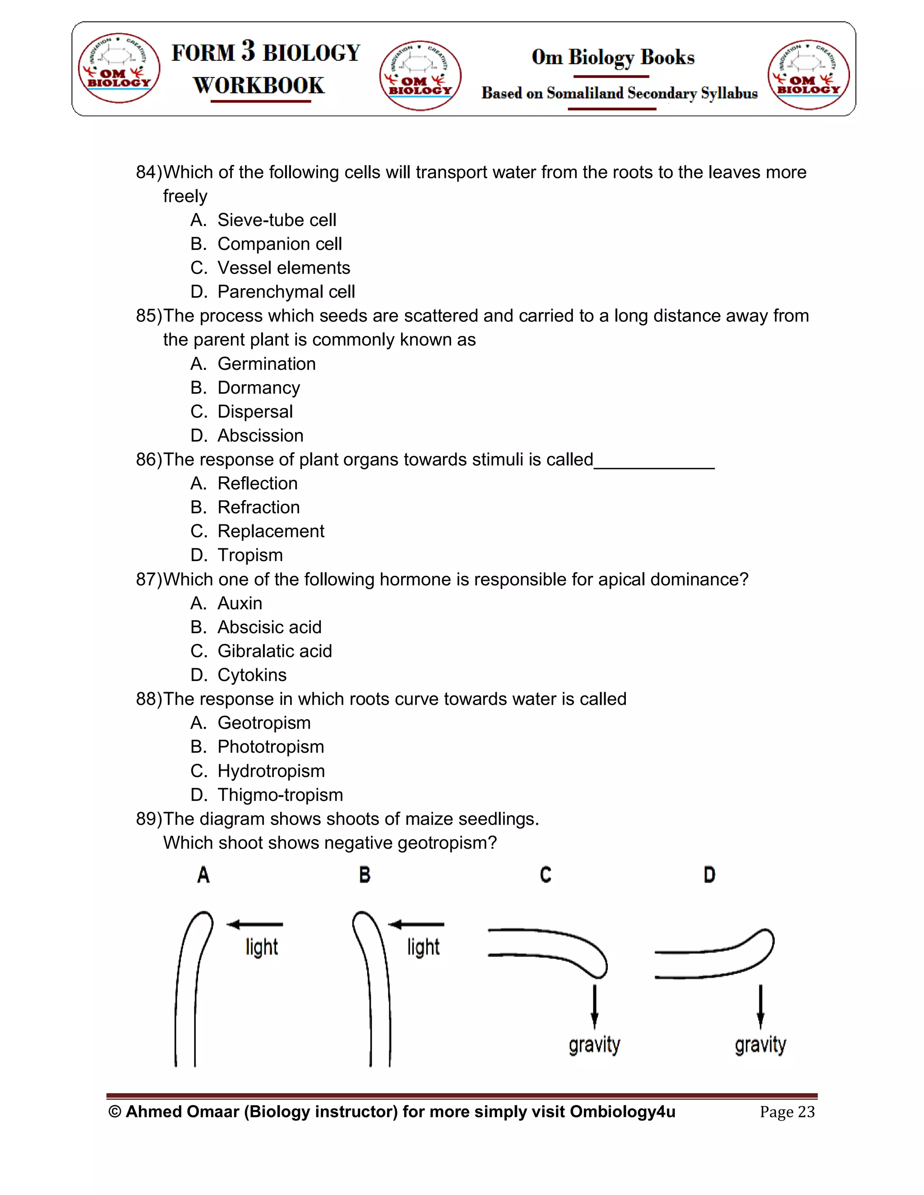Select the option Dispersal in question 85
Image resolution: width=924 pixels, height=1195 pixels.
point(254,411)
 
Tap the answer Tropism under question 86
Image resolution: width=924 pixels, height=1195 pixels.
point(249,555)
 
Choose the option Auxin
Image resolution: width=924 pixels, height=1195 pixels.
point(239,603)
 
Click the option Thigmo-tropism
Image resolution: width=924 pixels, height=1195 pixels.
point(280,795)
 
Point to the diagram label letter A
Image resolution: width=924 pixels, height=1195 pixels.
point(203,875)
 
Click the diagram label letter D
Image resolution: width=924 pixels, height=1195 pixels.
point(709,875)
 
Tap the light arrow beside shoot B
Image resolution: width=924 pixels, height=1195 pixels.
point(416,925)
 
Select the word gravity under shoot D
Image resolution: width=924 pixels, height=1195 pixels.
point(760,1045)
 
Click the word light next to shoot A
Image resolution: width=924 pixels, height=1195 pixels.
point(262,947)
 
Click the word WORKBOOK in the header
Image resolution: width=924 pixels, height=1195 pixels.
point(259,86)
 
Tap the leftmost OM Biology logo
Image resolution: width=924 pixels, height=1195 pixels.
point(119,71)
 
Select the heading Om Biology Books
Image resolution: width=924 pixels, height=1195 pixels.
point(613,57)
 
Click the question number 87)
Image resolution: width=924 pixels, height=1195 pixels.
point(149,579)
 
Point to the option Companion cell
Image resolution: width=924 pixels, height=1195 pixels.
point(279,244)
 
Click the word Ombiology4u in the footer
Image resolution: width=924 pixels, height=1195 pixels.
point(622,1112)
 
